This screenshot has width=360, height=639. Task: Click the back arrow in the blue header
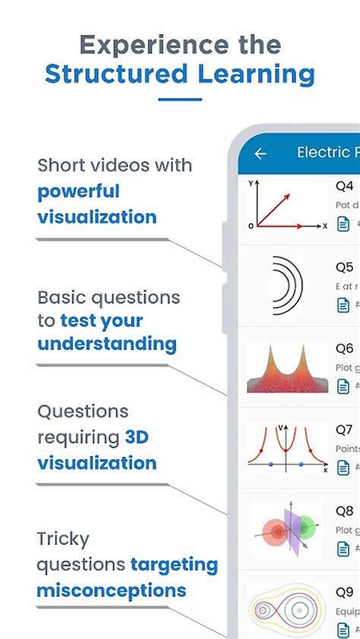[x=261, y=153]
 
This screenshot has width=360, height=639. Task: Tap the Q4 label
[x=345, y=186]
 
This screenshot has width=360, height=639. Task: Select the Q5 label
[x=345, y=267]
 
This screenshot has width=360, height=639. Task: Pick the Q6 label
[x=345, y=348]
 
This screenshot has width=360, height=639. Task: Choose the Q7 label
[x=345, y=430]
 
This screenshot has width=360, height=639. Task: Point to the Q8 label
[x=345, y=511]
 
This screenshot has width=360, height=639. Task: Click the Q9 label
[x=345, y=592]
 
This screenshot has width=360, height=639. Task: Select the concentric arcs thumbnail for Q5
[x=286, y=285]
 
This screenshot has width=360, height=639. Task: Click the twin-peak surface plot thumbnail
[x=286, y=367]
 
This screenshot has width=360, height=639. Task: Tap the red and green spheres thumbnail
[x=286, y=529]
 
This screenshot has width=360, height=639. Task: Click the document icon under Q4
[x=343, y=224]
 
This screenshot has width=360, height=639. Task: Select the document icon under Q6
[x=343, y=386]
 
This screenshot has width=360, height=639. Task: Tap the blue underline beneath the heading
[x=180, y=99]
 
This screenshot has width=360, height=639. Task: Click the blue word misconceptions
[x=112, y=590]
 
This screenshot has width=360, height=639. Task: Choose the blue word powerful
[x=79, y=190]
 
